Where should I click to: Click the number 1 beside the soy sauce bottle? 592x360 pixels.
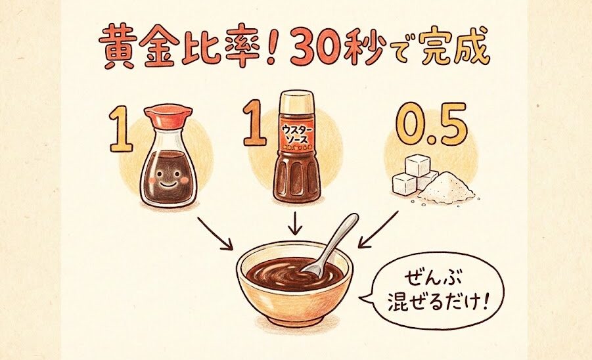[x=121, y=128]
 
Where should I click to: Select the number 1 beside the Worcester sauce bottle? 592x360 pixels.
[x=254, y=123]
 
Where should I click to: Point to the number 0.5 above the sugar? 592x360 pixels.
[x=432, y=124]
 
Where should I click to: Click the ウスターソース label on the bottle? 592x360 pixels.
[x=297, y=135]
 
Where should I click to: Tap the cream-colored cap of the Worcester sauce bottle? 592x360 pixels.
[x=296, y=102]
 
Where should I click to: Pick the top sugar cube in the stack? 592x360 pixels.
[x=417, y=166]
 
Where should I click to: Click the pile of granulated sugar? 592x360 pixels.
[x=447, y=188]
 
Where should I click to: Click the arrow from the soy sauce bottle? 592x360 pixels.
[x=215, y=233]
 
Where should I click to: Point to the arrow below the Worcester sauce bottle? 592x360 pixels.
[x=295, y=223]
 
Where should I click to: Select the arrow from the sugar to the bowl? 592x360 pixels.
[x=378, y=229]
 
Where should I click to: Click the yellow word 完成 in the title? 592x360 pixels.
[x=454, y=46]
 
